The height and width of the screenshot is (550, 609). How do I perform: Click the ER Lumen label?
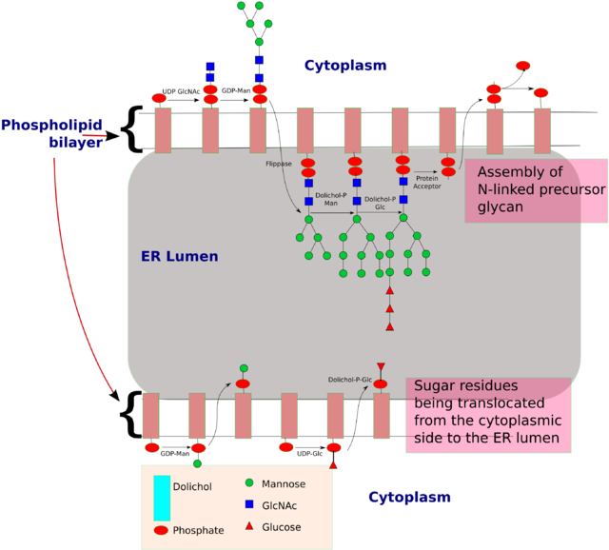click(x=180, y=257)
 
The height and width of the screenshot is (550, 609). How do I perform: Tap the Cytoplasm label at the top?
click(x=345, y=66)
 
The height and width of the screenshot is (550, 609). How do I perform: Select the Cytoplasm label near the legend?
click(x=409, y=498)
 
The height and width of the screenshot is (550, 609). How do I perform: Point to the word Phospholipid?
click(x=51, y=126)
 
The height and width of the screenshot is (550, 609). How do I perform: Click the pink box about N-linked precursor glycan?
click(x=537, y=190)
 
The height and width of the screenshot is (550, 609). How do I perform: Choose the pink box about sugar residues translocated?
click(x=488, y=415)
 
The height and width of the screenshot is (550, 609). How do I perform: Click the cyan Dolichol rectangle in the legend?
click(x=162, y=498)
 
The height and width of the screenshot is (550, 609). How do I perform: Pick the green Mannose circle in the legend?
click(x=248, y=483)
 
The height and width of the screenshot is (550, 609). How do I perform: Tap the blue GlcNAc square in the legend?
click(x=248, y=505)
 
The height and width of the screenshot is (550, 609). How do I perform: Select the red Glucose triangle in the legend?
click(x=248, y=526)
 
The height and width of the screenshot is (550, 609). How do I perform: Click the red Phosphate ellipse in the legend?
click(x=161, y=530)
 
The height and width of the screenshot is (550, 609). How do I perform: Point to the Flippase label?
click(x=279, y=164)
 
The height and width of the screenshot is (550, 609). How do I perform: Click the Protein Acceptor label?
click(x=427, y=183)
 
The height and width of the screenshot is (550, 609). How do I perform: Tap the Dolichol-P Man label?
click(x=327, y=199)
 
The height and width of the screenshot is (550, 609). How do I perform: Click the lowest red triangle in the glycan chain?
click(x=389, y=327)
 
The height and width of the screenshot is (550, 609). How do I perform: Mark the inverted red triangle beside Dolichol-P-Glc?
click(x=381, y=366)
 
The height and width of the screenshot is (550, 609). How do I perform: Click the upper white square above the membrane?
click(x=270, y=67)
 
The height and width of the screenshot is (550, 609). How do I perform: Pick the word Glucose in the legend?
click(x=281, y=527)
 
